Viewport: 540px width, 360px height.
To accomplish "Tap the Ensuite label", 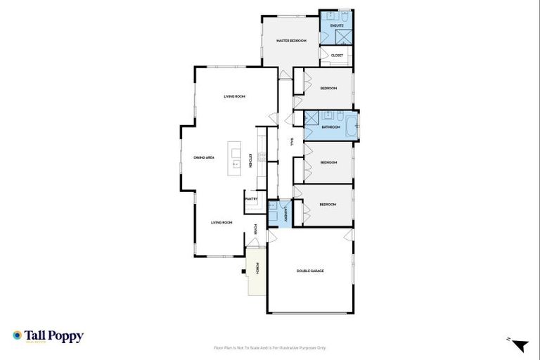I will [336, 25].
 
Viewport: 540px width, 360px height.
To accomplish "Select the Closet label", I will [337, 55].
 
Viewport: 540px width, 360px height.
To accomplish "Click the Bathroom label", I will [331, 127].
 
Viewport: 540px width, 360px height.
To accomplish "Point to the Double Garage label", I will [310, 271].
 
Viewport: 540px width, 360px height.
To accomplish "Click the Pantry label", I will [251, 199].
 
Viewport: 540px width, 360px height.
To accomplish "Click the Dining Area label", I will [204, 157].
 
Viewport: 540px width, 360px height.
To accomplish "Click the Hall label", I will [291, 141].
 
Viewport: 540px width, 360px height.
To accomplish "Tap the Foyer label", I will [255, 229].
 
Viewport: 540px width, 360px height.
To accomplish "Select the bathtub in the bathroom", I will [349, 127].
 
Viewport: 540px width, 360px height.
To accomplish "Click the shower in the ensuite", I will [345, 37].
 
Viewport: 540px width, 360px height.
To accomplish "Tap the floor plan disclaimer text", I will [270, 347].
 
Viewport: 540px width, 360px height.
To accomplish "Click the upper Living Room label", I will [234, 96].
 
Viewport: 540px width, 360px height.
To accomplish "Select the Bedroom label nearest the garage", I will [328, 205].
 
